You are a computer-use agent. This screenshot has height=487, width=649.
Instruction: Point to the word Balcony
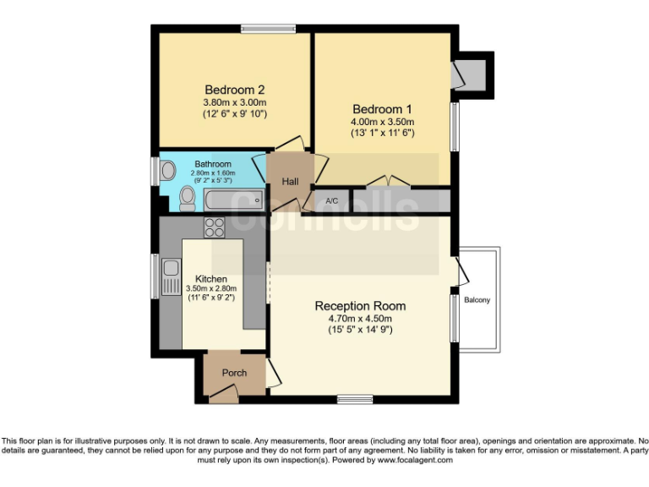[477, 300]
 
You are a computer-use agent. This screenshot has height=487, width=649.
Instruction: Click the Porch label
[234, 373]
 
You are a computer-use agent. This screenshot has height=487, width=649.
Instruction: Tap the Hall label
[290, 181]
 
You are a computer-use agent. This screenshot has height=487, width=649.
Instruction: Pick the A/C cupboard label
[332, 201]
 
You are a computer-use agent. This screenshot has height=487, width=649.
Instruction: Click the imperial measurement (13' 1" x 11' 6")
[383, 133]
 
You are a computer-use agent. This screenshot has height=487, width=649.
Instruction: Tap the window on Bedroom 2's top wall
[268, 29]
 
